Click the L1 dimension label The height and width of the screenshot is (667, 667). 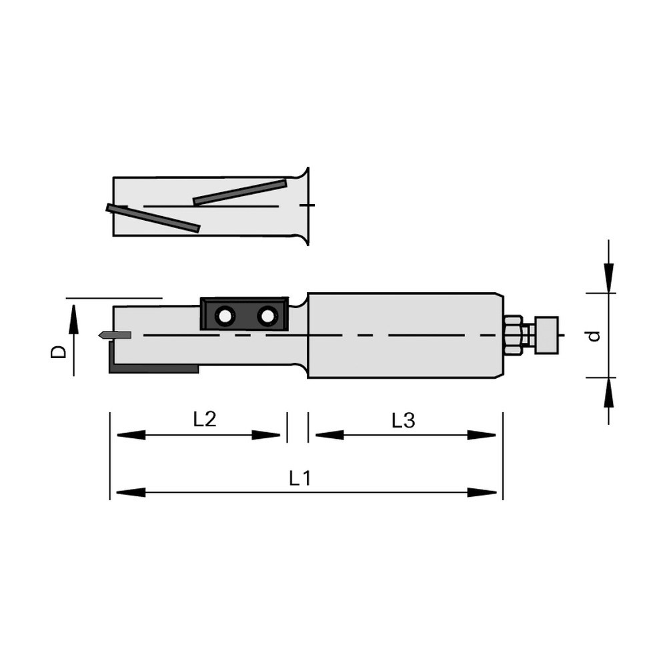coord(300,478)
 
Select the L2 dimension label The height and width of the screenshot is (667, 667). coord(205,420)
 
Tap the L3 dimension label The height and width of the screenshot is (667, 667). coord(404,421)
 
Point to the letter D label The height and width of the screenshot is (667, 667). coord(58,352)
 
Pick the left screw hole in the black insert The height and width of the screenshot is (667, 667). coord(224,316)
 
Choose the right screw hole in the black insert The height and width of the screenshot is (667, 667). coord(267,316)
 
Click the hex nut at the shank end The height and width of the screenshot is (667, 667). coord(514,335)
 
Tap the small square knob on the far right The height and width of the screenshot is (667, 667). coord(547,335)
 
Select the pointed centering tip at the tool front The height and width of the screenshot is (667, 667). coord(114,336)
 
